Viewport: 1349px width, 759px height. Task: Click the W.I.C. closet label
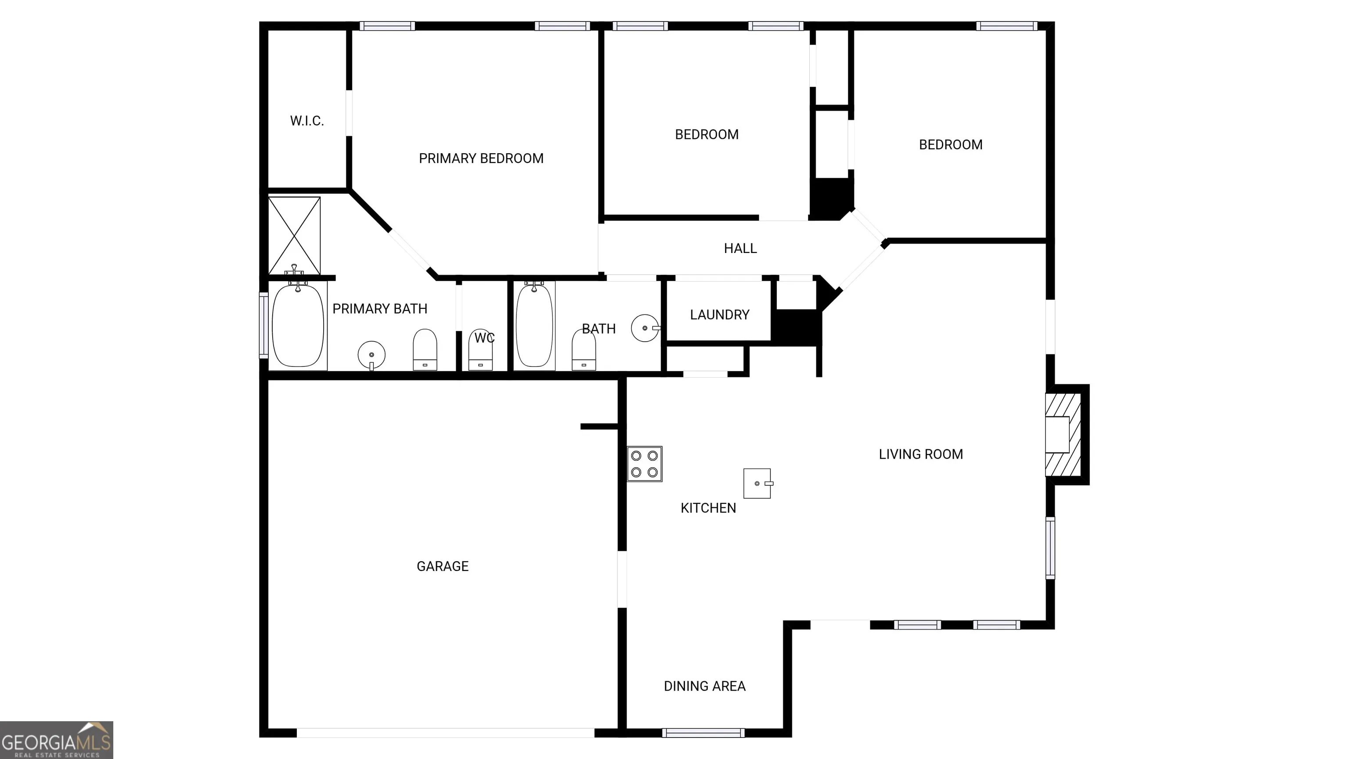307,121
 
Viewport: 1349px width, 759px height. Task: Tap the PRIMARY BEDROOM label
481,158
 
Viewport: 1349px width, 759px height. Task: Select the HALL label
740,248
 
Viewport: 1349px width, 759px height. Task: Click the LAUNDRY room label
720,315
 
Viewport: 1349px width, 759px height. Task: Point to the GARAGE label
443,566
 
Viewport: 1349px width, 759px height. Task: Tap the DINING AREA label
704,686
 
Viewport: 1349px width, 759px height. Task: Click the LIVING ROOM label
920,454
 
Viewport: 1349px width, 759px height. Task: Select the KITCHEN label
708,508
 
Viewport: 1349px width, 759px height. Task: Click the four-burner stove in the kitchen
645,464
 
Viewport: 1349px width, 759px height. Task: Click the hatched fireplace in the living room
1063,435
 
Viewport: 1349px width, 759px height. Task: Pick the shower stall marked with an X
294,236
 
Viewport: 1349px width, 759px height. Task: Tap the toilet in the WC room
480,350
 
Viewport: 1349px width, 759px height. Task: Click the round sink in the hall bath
645,328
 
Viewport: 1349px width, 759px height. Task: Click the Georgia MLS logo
57,740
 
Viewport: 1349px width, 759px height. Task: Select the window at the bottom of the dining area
703,733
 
